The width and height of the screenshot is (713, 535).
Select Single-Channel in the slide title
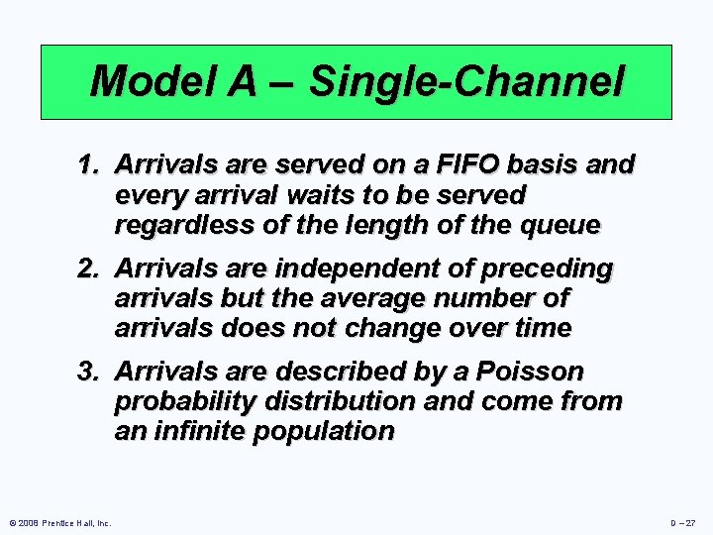[467, 81]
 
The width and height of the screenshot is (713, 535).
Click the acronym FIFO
[445, 165]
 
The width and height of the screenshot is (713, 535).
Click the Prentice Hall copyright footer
[59, 522]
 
